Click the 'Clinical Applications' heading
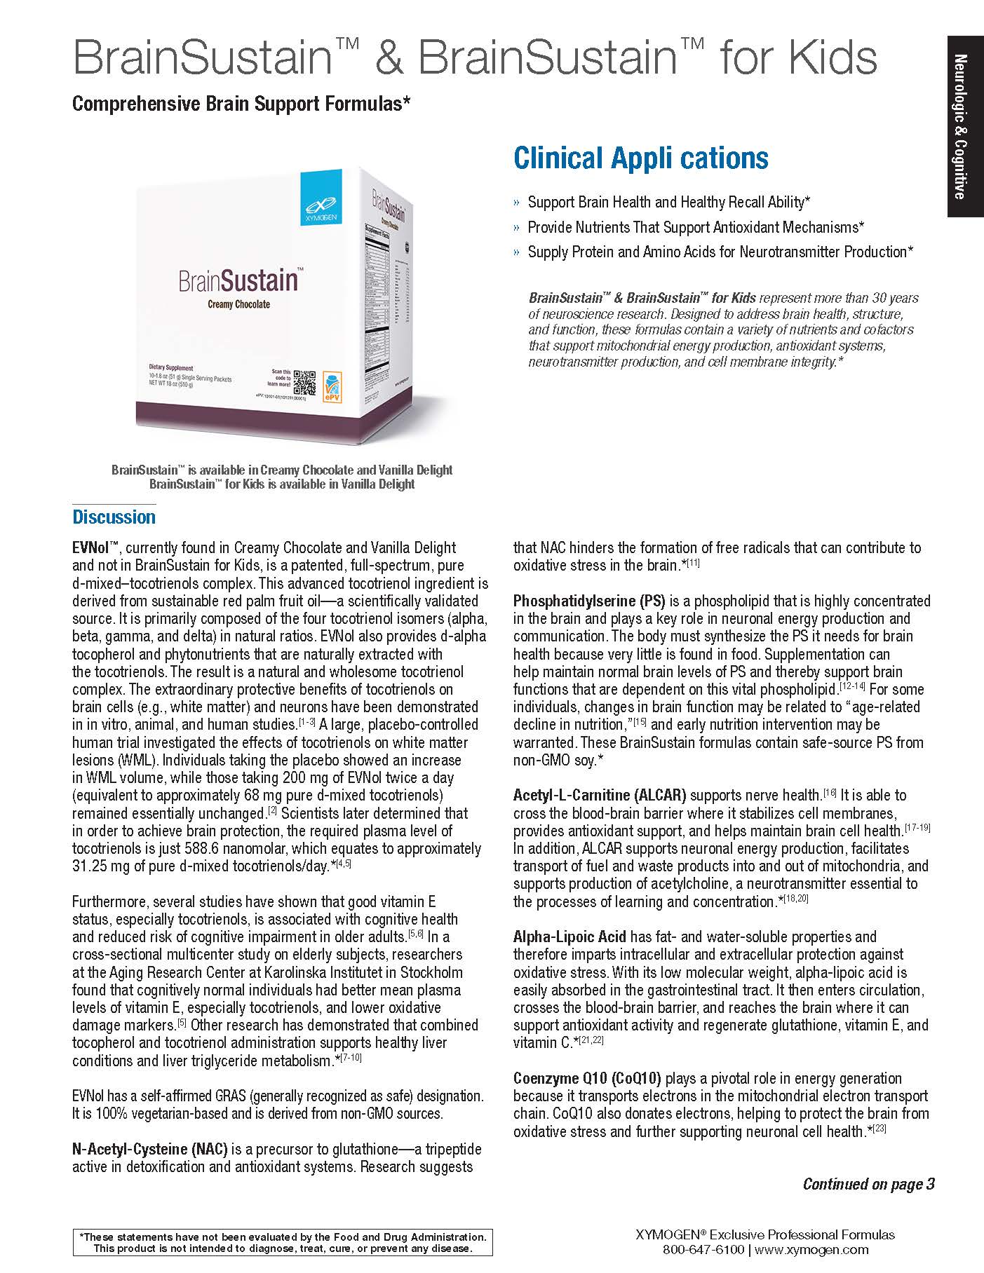(640, 158)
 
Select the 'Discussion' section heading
(114, 517)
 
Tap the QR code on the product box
(304, 383)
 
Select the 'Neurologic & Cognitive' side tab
(965, 126)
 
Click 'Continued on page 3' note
(868, 1184)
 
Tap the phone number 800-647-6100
(703, 1250)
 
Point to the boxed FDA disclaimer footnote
(282, 1242)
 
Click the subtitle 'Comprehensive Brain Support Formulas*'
(241, 104)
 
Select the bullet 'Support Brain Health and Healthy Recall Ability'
(668, 202)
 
